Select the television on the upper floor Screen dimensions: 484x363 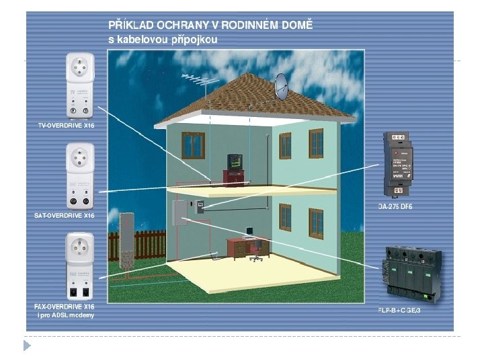pos(235,162)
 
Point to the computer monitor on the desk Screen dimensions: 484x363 pos(249,233)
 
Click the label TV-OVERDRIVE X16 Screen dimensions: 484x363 pos(65,125)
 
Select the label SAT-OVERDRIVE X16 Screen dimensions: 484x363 pos(65,216)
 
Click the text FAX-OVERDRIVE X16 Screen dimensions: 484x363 pos(65,307)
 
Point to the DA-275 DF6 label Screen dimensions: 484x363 pos(395,206)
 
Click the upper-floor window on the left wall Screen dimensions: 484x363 pos(193,145)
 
